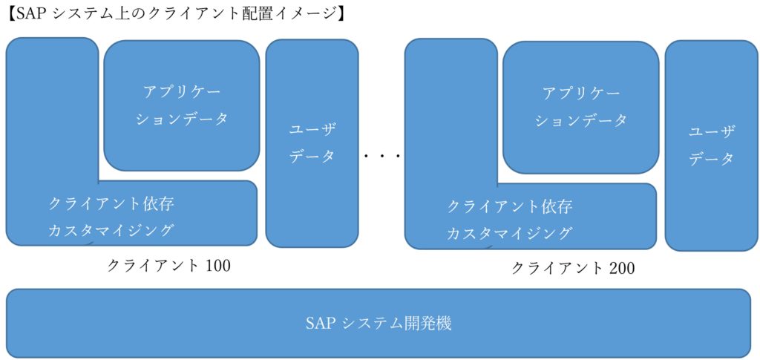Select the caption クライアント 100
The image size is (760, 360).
(168, 265)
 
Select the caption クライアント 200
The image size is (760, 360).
(572, 268)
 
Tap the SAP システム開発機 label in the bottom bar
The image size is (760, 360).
(379, 324)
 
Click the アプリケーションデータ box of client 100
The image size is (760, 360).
(182, 105)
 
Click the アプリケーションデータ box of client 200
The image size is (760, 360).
(581, 107)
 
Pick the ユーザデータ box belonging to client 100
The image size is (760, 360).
(312, 143)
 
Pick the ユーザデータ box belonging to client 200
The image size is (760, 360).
(711, 145)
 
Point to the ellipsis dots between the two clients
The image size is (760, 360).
(382, 157)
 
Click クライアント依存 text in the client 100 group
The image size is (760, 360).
(111, 203)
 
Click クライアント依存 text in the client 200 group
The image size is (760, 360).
(510, 206)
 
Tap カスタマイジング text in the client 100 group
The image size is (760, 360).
(111, 230)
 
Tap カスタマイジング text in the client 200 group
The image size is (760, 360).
(510, 234)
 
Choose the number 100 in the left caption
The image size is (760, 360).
(216, 265)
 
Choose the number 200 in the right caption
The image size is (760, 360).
(620, 268)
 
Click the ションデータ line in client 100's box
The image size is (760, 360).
(182, 119)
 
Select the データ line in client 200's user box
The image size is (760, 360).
(711, 159)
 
